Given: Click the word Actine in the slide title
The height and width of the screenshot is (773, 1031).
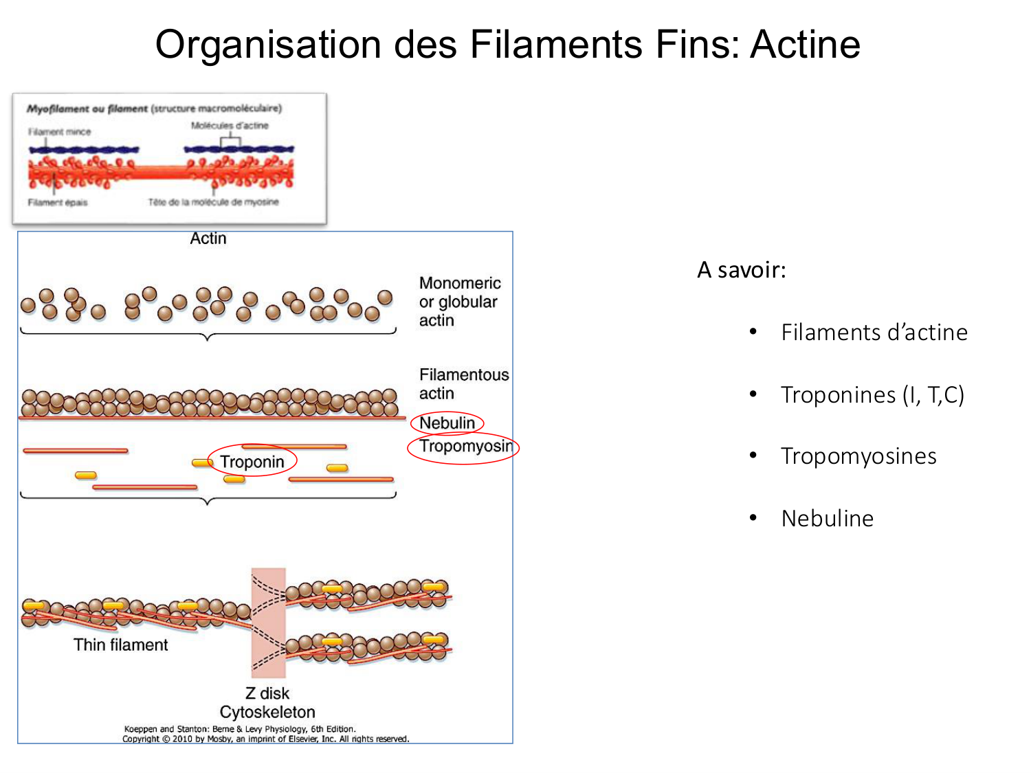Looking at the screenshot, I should point(805,45).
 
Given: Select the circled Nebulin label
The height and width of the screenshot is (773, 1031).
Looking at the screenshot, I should point(447,423).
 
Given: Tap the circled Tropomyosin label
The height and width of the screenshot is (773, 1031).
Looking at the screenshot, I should point(465,447).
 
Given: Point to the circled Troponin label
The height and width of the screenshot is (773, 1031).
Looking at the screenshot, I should point(252,462).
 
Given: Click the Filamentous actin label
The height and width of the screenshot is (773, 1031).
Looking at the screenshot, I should point(463,384).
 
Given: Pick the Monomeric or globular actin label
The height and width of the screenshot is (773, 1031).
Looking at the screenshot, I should point(459,302).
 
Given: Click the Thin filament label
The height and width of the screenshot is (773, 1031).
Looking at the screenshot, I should point(120,645).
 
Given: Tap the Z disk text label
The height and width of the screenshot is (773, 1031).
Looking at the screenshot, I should point(267,693).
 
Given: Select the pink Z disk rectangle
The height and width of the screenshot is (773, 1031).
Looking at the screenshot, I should point(268,622).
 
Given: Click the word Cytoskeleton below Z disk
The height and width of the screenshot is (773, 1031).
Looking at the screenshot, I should point(267,712).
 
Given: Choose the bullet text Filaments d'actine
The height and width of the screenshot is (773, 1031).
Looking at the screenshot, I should point(874,333).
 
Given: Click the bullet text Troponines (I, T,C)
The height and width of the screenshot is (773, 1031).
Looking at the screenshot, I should point(872,395).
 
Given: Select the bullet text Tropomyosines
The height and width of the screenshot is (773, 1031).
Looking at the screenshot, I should point(858,456).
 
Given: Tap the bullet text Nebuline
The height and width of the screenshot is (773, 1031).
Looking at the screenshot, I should point(827,519).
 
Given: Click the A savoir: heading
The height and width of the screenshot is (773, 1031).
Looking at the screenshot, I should point(741,270).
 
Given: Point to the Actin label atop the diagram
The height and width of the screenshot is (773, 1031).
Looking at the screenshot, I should point(208,238).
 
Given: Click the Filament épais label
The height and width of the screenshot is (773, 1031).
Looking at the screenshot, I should point(58,202).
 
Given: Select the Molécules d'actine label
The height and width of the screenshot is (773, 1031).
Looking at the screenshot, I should point(230,126).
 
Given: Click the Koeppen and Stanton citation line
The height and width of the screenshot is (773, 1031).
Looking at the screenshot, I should point(240,729).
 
